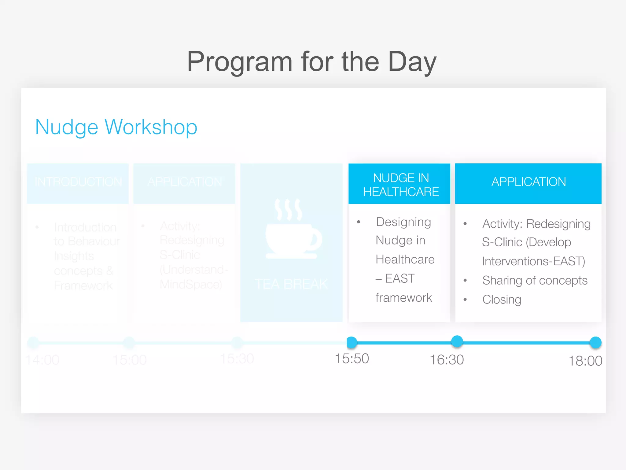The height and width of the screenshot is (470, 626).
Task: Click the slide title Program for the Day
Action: pos(312,62)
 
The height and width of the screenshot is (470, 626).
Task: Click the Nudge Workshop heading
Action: pos(116,127)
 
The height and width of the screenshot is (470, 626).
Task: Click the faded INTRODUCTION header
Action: pos(78,182)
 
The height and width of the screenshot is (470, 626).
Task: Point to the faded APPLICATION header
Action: pos(185,182)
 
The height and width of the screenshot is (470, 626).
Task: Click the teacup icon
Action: pos(292,229)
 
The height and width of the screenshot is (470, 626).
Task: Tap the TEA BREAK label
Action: pos(291,284)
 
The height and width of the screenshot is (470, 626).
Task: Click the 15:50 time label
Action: pos(352,359)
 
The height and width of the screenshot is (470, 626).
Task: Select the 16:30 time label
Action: pos(447,360)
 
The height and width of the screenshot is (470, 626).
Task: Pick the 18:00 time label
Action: pos(585,361)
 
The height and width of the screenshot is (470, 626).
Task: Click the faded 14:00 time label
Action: pos(42,360)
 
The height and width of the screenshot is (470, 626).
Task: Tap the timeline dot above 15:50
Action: pos(352,342)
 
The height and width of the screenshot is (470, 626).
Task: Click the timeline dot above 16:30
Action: pos(457,341)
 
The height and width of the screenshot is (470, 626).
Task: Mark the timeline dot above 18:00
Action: pos(595,342)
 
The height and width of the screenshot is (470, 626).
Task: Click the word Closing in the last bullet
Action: pos(502,300)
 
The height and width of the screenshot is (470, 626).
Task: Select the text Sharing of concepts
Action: pos(535,281)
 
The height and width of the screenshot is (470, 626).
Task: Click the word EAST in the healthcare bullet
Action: pos(400,278)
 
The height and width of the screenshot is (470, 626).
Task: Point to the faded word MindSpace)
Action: pos(191,285)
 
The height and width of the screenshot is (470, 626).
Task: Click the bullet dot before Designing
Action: pos(359,222)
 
